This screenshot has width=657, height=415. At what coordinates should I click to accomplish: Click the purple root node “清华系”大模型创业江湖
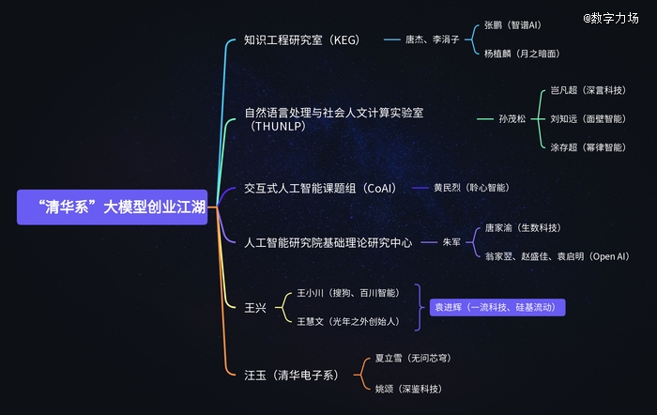coord(113,207)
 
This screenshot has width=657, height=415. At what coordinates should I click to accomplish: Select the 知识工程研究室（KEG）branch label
coord(301,39)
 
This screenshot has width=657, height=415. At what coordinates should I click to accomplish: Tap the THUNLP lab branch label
coord(334,119)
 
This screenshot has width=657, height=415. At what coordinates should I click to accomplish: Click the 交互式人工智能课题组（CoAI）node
coord(320,188)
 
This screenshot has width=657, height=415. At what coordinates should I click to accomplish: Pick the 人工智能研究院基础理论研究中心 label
coord(328,243)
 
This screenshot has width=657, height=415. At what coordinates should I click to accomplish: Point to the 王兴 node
coord(255,308)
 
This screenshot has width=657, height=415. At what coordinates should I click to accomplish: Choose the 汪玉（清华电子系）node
coord(291,375)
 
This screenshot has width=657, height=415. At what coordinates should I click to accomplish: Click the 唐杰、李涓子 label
coord(432,39)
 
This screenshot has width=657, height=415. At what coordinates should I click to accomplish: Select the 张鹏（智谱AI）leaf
coord(512,25)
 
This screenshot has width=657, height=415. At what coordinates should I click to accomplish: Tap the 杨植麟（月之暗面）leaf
coord(522,54)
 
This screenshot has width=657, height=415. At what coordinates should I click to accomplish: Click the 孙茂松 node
coord(512,119)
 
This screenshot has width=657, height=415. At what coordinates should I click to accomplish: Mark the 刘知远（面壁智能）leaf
coord(588,119)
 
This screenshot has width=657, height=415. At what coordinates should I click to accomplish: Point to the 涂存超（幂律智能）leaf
coord(588,147)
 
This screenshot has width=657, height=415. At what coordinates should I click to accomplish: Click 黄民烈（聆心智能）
coord(471,188)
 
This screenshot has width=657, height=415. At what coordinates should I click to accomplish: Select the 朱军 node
coord(451,242)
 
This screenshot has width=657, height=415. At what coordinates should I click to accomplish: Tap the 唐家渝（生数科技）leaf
coord(523,227)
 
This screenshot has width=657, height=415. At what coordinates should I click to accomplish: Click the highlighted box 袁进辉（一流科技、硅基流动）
coord(497,307)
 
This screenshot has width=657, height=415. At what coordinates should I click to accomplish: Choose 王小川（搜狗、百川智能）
coord(348,293)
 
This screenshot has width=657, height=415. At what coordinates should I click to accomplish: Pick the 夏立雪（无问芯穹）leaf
coord(413,358)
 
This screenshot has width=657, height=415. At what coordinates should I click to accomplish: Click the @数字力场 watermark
coord(611,18)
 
